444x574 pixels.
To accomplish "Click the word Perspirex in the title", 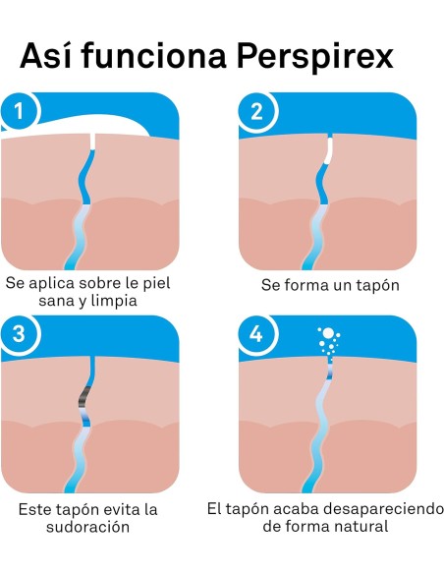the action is [x=315, y=57].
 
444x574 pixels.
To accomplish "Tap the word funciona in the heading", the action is [x=153, y=55].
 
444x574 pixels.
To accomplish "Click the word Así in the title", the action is [x=46, y=55].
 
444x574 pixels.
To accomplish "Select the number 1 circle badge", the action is [x=19, y=111].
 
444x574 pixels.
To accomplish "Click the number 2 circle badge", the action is [x=256, y=111].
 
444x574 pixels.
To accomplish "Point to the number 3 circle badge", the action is [x=19, y=333].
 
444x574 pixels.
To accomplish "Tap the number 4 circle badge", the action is [x=256, y=334].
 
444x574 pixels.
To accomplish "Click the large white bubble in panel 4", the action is [x=328, y=333].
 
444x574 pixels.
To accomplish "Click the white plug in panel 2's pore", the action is [x=329, y=150].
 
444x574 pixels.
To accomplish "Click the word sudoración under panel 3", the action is [x=87, y=527].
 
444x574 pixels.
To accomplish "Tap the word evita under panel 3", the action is [x=122, y=509].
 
